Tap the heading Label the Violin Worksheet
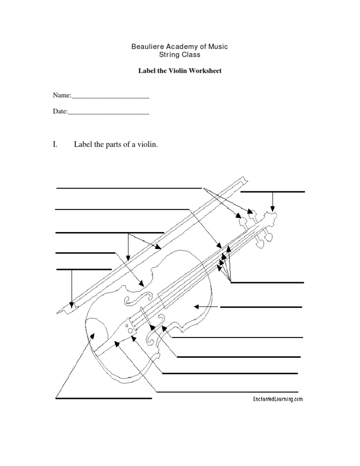pos(179,71)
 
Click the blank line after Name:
pos(110,97)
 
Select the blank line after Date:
pos(109,113)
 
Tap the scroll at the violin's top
pos(271,216)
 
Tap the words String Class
pos(179,55)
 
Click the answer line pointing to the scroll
pos(272,192)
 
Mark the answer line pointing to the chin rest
pos(104,398)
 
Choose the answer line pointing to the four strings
pos(267,283)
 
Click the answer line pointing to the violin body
pos(261,307)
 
